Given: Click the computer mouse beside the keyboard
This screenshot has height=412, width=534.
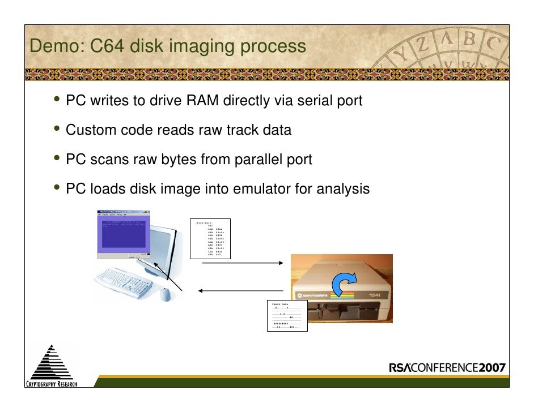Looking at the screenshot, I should click(164, 294).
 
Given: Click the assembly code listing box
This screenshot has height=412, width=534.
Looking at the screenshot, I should click(210, 238).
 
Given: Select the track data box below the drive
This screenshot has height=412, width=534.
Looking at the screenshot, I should click(287, 316).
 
